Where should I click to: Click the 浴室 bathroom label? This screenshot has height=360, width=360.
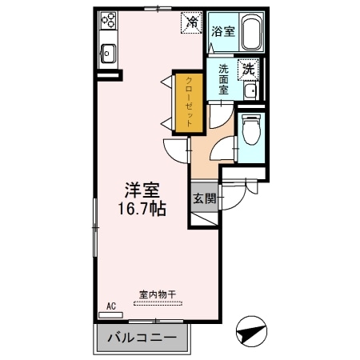[222, 32]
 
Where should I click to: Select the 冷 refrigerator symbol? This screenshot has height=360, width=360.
[191, 22]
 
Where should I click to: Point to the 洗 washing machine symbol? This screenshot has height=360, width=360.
[249, 70]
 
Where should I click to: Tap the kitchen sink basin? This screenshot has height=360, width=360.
[106, 55]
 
